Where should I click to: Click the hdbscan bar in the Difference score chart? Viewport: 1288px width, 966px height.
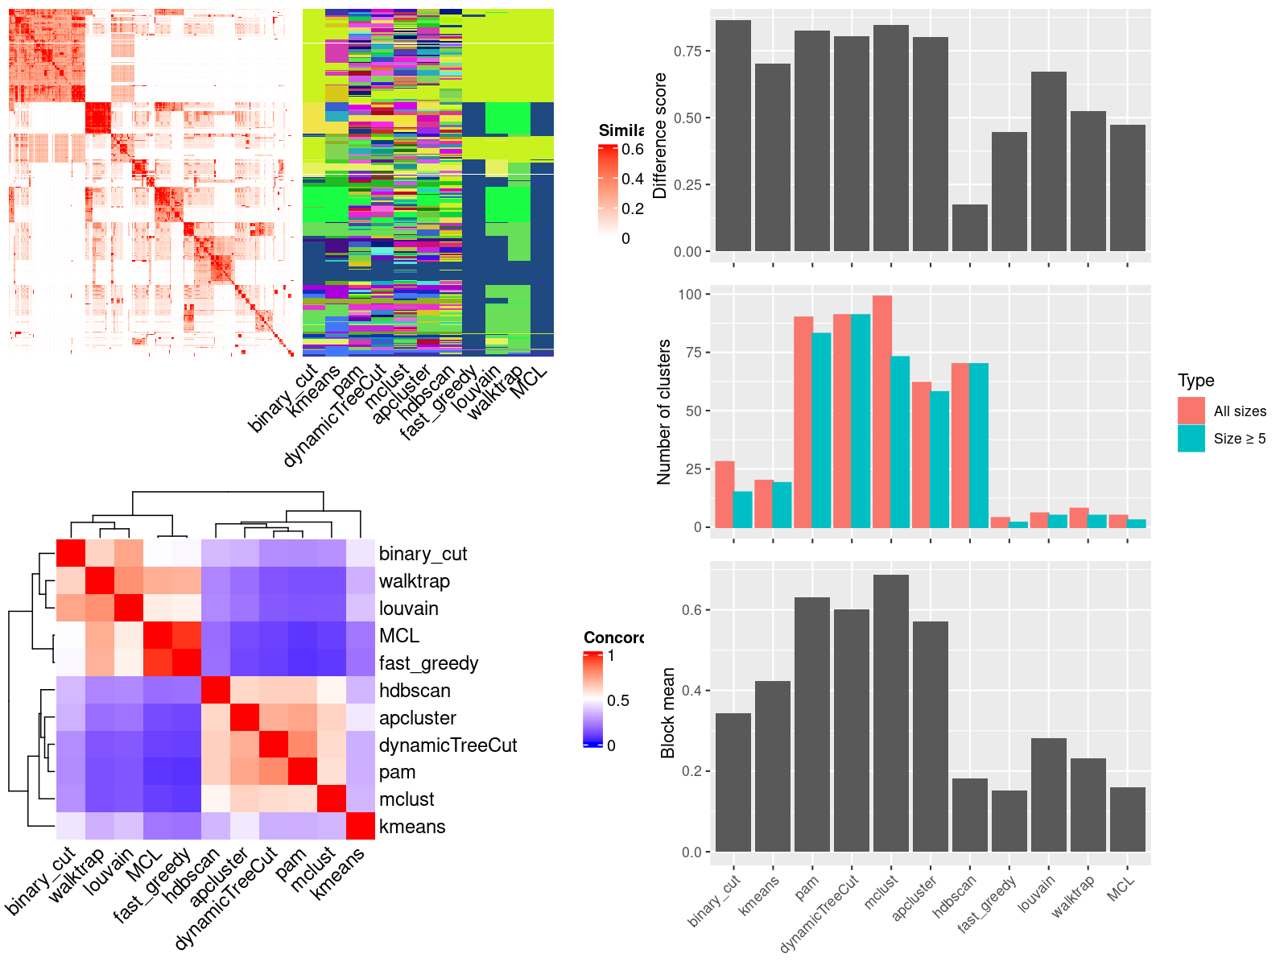click(969, 228)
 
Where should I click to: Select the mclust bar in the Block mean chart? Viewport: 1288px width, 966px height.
click(890, 712)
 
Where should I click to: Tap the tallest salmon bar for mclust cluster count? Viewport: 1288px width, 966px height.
click(882, 411)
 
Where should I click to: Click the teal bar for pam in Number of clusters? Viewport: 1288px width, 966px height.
click(821, 430)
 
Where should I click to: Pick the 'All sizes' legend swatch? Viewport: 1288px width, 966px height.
click(1191, 411)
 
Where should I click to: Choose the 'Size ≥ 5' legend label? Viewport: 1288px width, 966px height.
click(1239, 439)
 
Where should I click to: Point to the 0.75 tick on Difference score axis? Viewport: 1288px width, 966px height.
click(688, 51)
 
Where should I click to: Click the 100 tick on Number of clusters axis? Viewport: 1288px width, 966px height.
click(690, 295)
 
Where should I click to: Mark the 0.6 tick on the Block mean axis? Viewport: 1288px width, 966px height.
click(691, 610)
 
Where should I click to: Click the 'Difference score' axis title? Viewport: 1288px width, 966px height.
click(660, 135)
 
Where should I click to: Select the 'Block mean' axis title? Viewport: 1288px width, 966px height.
click(667, 712)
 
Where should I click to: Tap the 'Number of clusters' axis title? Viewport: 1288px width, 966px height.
click(664, 411)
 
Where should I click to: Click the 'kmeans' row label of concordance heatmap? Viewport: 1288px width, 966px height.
click(412, 827)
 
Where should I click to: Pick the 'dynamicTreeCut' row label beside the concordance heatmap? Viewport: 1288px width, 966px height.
click(448, 745)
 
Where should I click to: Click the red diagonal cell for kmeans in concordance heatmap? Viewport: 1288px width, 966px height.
click(361, 826)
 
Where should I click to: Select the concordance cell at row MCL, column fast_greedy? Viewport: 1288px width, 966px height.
click(186, 635)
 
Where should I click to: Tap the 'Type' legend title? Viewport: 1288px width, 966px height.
click(1195, 381)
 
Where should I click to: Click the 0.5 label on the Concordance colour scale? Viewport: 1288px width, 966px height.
click(618, 700)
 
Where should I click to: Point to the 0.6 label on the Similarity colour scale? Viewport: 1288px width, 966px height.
click(633, 150)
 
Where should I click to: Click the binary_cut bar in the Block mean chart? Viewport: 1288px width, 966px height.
click(733, 782)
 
